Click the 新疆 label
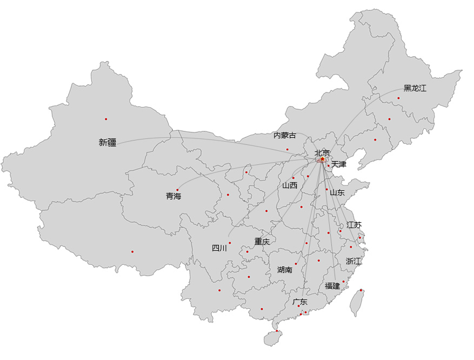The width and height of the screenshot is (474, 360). pyautogui.click(x=108, y=143)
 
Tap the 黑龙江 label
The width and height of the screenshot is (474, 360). pyautogui.click(x=415, y=88)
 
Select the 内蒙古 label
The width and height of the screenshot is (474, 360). pyautogui.click(x=285, y=135)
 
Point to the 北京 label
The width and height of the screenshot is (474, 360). pyautogui.click(x=322, y=153)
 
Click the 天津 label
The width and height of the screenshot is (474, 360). pyautogui.click(x=339, y=164)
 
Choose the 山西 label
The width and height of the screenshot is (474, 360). pyautogui.click(x=290, y=185)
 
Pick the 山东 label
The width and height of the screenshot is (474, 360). pyautogui.click(x=337, y=192)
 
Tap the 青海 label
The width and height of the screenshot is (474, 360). pyautogui.click(x=173, y=196)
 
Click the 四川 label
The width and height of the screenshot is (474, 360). pyautogui.click(x=219, y=249)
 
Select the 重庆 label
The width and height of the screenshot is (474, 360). pyautogui.click(x=262, y=242)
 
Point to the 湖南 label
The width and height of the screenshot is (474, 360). pyautogui.click(x=285, y=270)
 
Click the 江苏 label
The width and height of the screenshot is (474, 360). pyautogui.click(x=354, y=225)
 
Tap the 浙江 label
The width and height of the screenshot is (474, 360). pyautogui.click(x=353, y=261)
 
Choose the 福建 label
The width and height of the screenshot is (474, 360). pyautogui.click(x=332, y=286)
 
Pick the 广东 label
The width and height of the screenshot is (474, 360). pyautogui.click(x=300, y=302)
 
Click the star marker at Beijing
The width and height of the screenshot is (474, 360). pyautogui.click(x=323, y=159)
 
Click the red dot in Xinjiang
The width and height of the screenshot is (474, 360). pyautogui.click(x=106, y=119)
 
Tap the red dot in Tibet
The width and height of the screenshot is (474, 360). pyautogui.click(x=132, y=251)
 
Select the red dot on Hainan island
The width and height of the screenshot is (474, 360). pyautogui.click(x=277, y=331)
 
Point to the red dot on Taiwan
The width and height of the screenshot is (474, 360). pyautogui.click(x=361, y=290)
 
